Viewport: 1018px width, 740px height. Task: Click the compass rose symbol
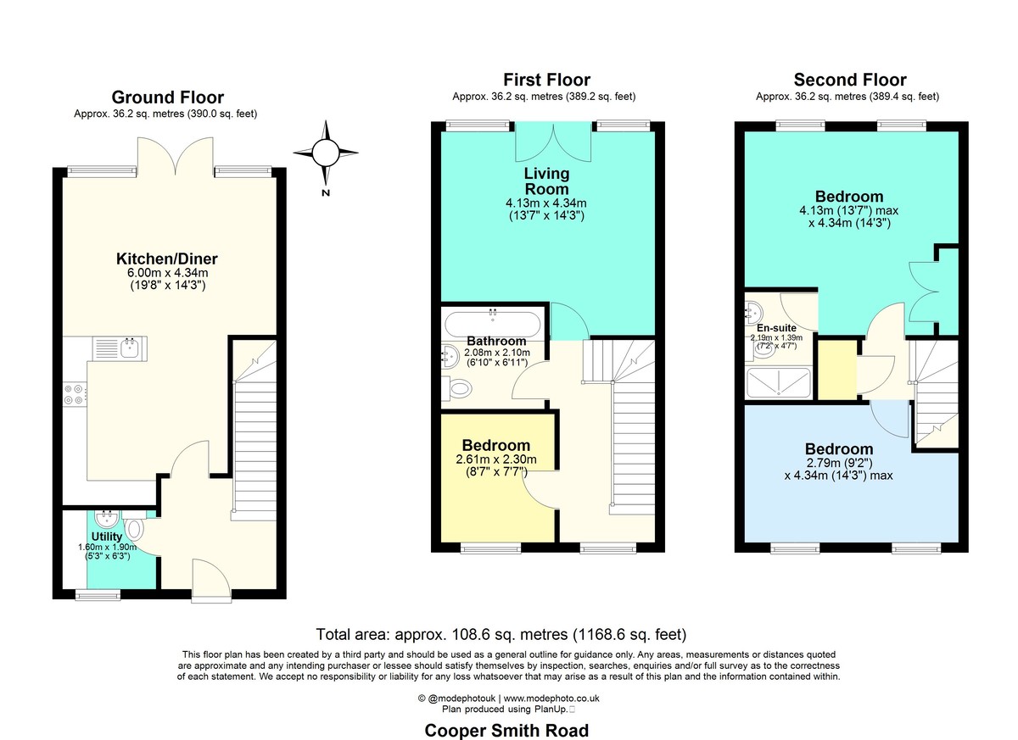click(326, 153)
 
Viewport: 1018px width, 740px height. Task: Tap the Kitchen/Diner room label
click(167, 259)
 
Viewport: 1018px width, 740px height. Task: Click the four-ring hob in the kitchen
click(75, 394)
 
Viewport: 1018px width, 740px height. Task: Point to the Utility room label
click(107, 537)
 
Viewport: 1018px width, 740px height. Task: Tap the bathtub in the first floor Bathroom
click(493, 324)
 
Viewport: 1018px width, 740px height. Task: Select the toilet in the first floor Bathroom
click(456, 388)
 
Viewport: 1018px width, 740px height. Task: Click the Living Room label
click(546, 181)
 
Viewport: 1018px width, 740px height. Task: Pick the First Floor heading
click(546, 80)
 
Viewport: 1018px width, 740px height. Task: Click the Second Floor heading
click(850, 80)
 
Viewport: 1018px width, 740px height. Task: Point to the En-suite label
click(776, 328)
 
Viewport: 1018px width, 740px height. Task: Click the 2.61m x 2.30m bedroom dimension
click(496, 459)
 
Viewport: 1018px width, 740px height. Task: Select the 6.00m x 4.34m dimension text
click(168, 273)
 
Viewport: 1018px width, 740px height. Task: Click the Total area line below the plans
click(501, 634)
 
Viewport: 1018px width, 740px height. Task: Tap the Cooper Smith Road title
click(506, 731)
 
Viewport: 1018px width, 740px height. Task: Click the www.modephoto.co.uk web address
click(551, 698)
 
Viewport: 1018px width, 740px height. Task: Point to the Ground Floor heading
click(167, 97)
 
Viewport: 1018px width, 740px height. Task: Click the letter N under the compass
click(326, 193)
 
